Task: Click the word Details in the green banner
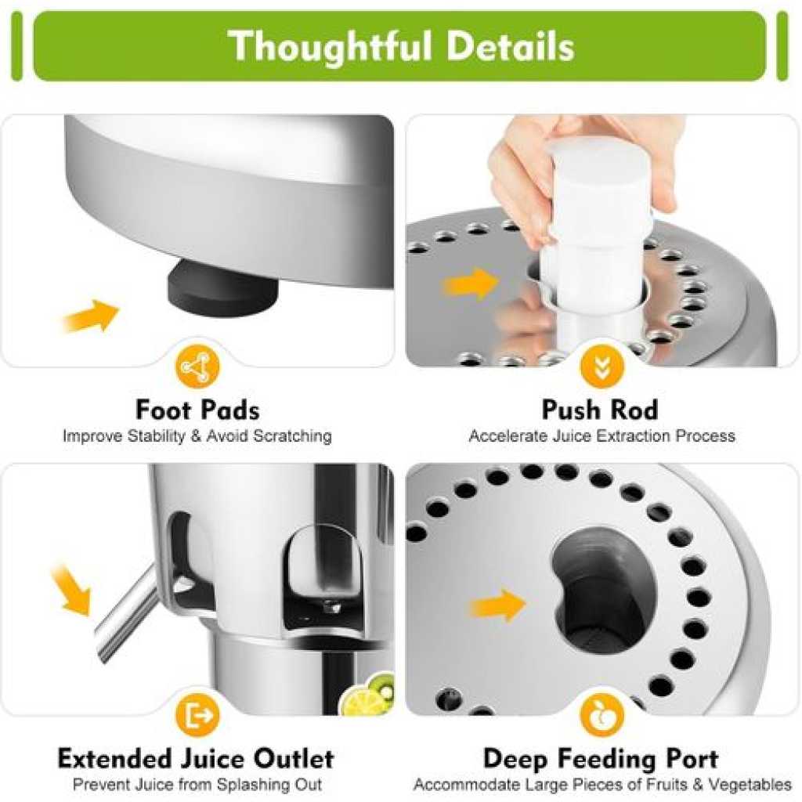(511, 46)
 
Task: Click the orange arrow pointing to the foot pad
(91, 316)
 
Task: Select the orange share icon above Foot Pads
(197, 367)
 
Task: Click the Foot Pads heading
(197, 410)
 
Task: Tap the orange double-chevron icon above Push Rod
(602, 367)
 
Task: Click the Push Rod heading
(600, 410)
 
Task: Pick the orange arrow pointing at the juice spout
(71, 590)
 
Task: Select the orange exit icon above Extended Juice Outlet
(197, 714)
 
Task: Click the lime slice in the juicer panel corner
(360, 699)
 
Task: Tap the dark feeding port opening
(604, 591)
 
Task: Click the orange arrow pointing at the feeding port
(497, 605)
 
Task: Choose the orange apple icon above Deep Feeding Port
(602, 714)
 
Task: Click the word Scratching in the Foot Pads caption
(293, 436)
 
